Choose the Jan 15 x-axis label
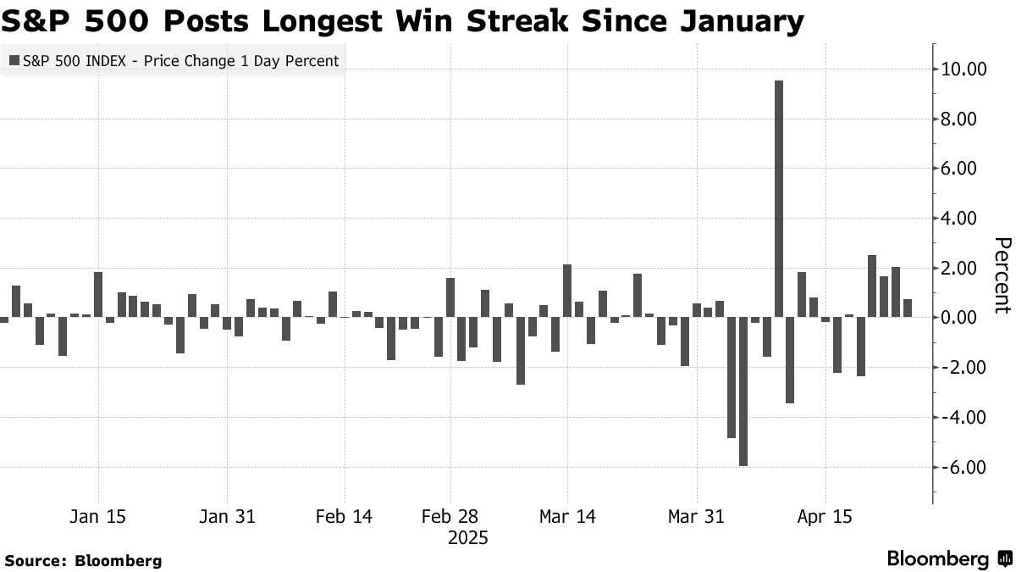click(99, 516)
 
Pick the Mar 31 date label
click(696, 516)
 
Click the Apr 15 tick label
click(825, 516)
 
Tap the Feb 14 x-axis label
click(344, 516)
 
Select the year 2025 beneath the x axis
click(467, 538)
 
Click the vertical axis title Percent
click(1002, 275)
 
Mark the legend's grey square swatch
click(14, 61)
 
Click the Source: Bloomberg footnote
click(83, 560)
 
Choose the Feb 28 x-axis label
click(450, 516)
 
